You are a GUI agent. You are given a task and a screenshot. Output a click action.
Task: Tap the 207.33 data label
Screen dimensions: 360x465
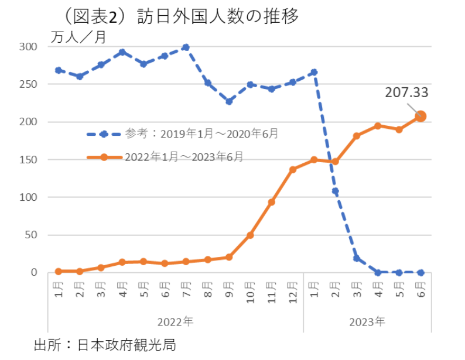click(406, 92)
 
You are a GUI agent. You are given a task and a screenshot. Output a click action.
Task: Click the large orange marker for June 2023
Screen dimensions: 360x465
click(420, 116)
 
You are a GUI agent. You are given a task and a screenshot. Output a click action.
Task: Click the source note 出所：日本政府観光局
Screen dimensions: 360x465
click(105, 344)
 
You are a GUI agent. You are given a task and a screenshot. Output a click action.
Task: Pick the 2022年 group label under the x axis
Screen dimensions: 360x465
click(175, 322)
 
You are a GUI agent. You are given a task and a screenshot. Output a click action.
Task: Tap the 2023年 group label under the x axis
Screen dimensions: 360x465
click(367, 322)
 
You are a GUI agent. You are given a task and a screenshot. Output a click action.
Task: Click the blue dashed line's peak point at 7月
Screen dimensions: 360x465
click(186, 47)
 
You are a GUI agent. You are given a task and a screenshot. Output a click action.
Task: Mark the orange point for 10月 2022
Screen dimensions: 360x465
click(250, 235)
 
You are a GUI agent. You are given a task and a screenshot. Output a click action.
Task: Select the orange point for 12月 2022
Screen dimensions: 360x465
click(292, 170)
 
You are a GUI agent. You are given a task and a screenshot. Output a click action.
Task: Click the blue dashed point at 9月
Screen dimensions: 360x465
click(228, 101)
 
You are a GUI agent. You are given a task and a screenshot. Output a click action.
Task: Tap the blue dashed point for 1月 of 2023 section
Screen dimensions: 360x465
click(314, 72)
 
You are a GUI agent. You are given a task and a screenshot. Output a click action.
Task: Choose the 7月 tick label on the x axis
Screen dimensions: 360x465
click(186, 288)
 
